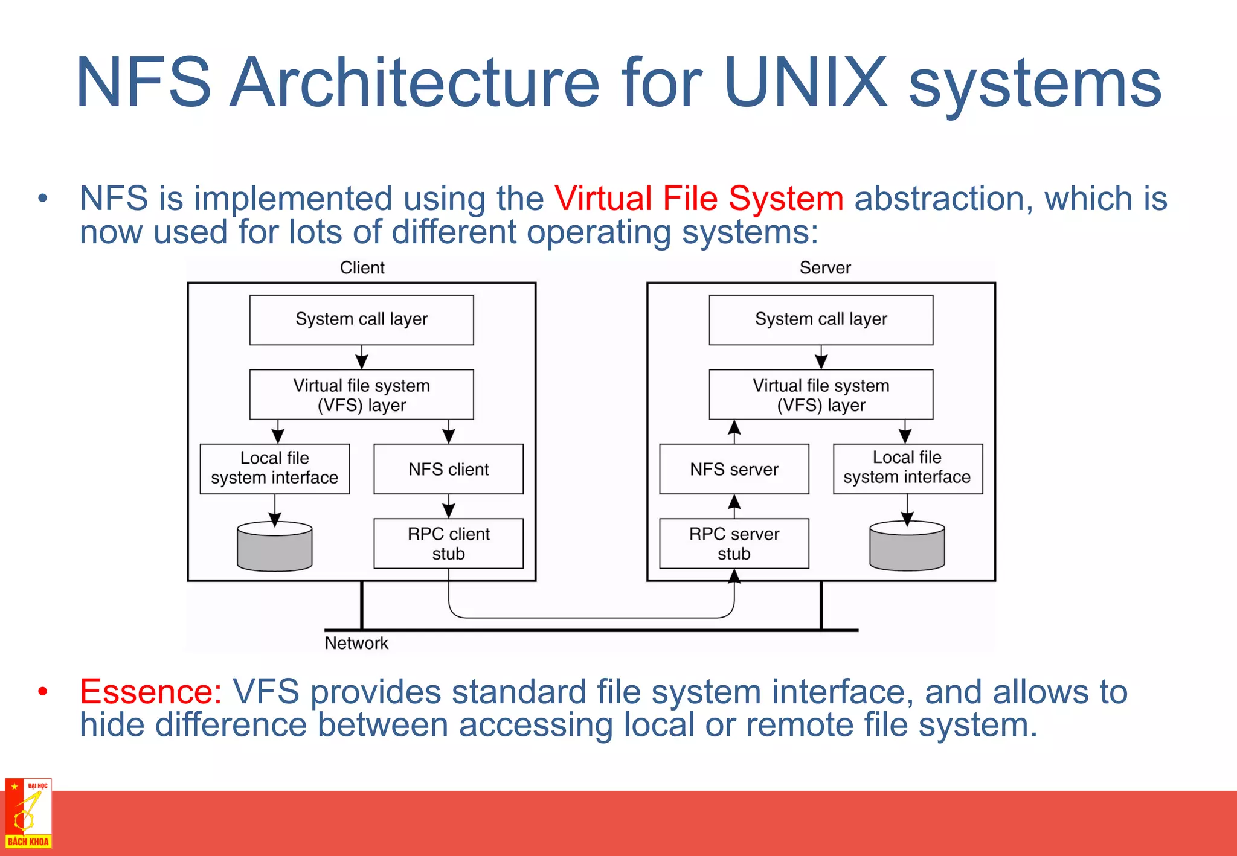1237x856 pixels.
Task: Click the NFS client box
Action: pyautogui.click(x=448, y=469)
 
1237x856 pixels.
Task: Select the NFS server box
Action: pyautogui.click(x=734, y=469)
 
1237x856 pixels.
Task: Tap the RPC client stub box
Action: pyautogui.click(x=448, y=543)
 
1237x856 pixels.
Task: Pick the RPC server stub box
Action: pyautogui.click(x=734, y=543)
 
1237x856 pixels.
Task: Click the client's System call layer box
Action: pyautogui.click(x=361, y=319)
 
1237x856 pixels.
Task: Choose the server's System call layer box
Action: pyautogui.click(x=821, y=319)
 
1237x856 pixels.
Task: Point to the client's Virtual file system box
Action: pyautogui.click(x=361, y=395)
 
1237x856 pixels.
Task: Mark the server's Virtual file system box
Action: pyautogui.click(x=821, y=395)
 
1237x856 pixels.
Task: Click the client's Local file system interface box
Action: pyautogui.click(x=275, y=468)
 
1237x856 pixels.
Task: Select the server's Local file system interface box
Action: pyautogui.click(x=907, y=468)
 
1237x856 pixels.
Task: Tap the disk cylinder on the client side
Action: pyautogui.click(x=275, y=547)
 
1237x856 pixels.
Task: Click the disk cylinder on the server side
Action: pyautogui.click(x=907, y=547)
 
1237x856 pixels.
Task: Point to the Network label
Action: pyautogui.click(x=356, y=643)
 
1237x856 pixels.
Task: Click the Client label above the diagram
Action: pyautogui.click(x=362, y=267)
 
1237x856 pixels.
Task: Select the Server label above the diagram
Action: pyautogui.click(x=825, y=267)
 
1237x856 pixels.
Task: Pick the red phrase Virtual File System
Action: pyautogui.click(x=699, y=198)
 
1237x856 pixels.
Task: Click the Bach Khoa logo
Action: pyautogui.click(x=28, y=813)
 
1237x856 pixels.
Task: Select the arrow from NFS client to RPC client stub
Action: pyautogui.click(x=449, y=506)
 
